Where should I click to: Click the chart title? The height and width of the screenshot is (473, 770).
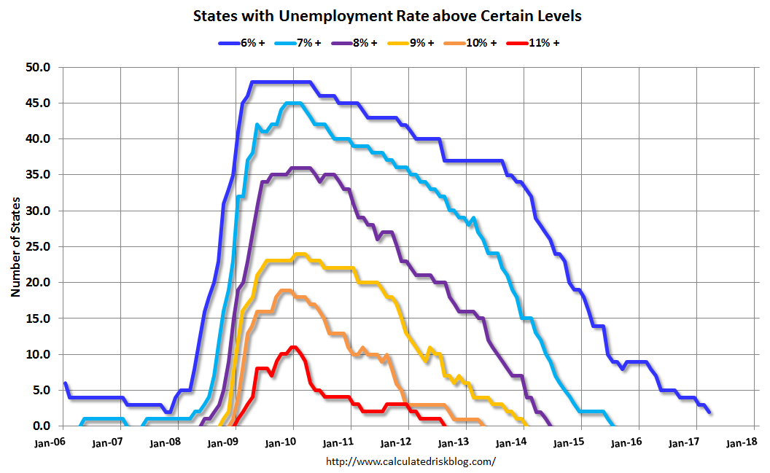tap(387, 15)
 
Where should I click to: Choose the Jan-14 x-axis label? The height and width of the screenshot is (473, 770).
tap(510, 442)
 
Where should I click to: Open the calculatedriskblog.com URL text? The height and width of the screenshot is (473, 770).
tap(410, 461)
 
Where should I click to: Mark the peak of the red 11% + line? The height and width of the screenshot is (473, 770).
tap(293, 347)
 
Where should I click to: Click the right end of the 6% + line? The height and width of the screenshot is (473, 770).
tap(709, 412)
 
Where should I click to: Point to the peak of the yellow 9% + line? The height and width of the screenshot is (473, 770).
tap(299, 254)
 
